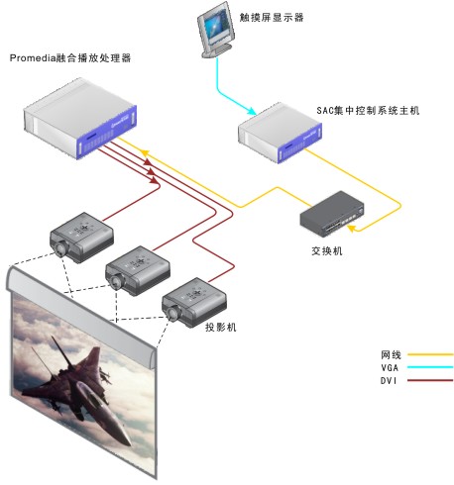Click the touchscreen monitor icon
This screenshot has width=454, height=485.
(x=216, y=30)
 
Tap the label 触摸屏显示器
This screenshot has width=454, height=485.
(x=272, y=17)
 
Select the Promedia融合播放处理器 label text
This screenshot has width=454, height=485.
(x=70, y=58)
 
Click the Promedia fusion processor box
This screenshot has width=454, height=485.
(x=80, y=119)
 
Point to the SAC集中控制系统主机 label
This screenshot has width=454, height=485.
(x=368, y=110)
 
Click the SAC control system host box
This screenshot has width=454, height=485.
(x=280, y=133)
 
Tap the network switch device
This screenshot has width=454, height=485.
(x=332, y=214)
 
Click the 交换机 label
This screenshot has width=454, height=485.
(x=327, y=251)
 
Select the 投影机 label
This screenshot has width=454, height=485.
(x=221, y=327)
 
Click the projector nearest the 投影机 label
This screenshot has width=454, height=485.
(x=194, y=303)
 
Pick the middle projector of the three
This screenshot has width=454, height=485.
(x=138, y=271)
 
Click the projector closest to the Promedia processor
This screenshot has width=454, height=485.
(x=81, y=238)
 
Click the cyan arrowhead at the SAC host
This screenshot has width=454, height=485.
(x=252, y=111)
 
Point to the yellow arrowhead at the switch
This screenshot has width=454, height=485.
(x=352, y=228)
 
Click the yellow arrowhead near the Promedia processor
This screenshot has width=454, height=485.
(x=145, y=152)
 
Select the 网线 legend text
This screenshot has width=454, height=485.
(x=391, y=355)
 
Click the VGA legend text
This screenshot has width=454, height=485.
(x=390, y=367)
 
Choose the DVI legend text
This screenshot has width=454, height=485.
(x=389, y=381)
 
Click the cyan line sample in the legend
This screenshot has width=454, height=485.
(x=430, y=367)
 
